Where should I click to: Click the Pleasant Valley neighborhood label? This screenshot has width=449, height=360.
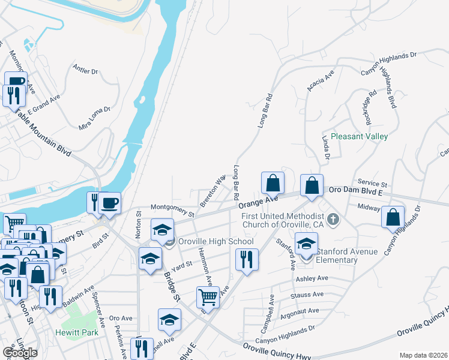(x=360, y=136)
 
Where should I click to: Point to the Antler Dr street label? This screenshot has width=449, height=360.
(x=85, y=70)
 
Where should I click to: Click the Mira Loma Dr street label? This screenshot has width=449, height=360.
(x=95, y=118)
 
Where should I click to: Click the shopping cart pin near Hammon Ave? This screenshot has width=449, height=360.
(x=208, y=296)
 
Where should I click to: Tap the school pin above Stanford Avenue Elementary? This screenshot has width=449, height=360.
(x=306, y=244)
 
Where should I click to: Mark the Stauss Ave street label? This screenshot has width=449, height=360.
(x=307, y=295)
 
